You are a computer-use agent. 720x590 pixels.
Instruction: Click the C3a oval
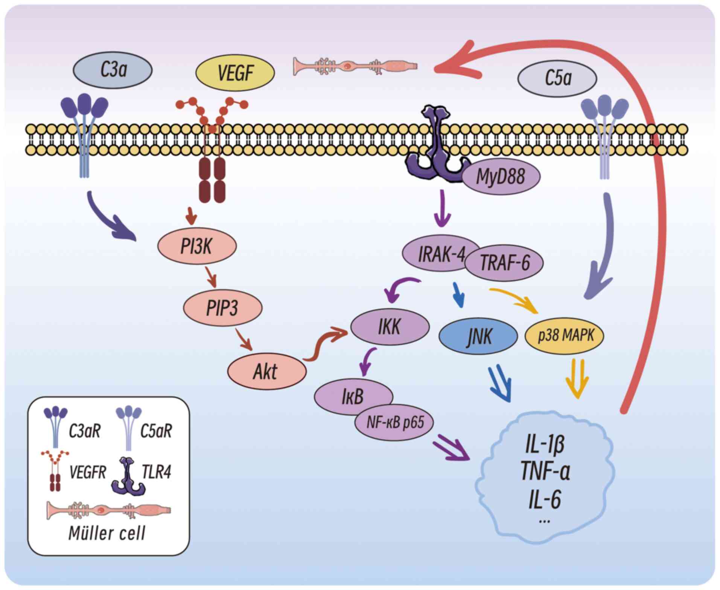click(x=113, y=70)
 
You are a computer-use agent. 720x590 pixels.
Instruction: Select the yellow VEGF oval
click(x=235, y=72)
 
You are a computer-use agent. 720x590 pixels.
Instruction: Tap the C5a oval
click(x=557, y=79)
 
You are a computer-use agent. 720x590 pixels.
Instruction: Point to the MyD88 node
click(x=501, y=176)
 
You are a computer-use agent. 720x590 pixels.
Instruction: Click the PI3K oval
click(x=196, y=246)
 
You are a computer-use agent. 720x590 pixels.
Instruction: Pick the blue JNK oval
click(x=478, y=336)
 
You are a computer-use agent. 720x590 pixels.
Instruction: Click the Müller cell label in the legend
click(x=107, y=533)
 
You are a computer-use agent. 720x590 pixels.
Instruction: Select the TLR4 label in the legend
click(x=157, y=471)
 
